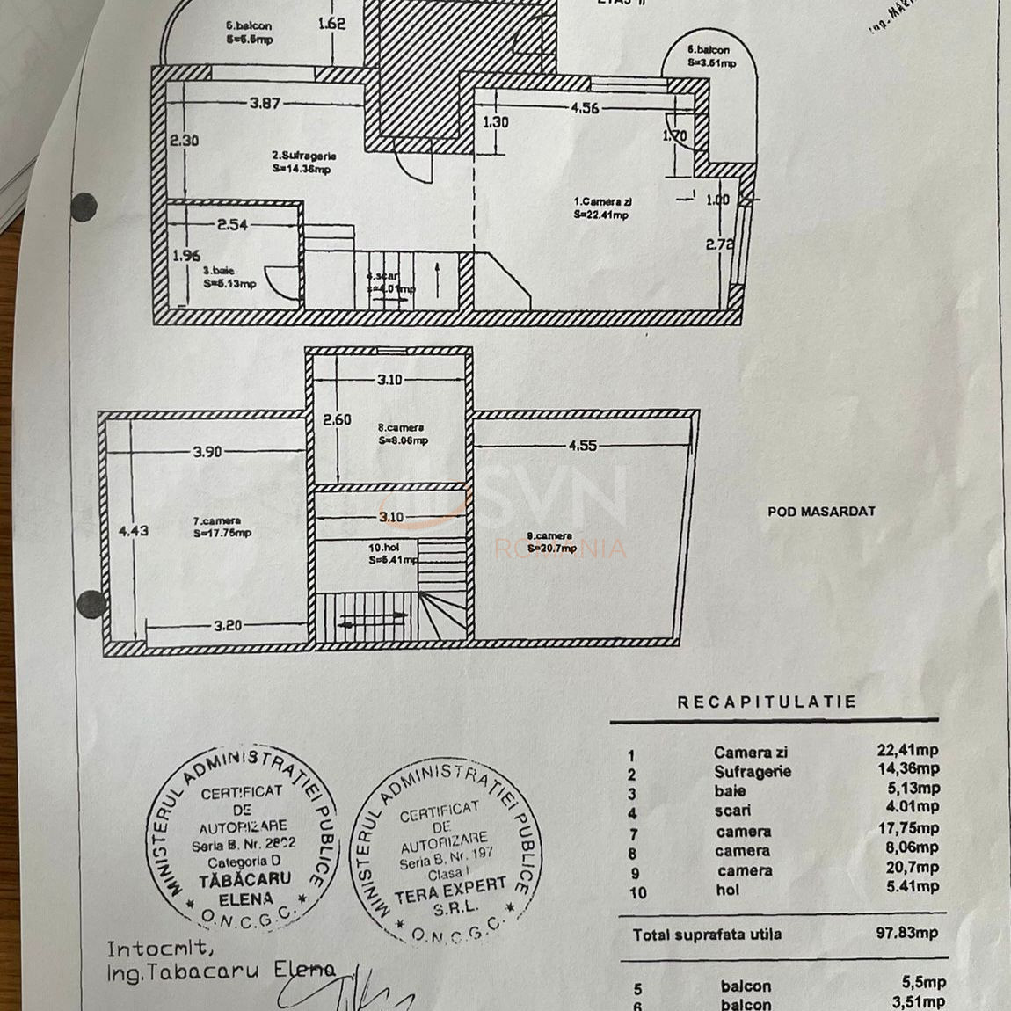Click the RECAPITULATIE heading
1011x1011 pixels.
point(766,702)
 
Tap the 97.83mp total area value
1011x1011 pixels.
point(906,933)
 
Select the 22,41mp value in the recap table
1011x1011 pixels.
point(907,750)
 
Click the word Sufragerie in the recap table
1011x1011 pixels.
point(752,772)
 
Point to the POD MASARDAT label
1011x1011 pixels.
point(821,511)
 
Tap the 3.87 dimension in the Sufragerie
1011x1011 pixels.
point(265,103)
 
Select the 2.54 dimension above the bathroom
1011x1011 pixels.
point(232,225)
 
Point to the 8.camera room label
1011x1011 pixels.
point(401,428)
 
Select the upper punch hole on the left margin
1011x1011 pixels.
point(84,207)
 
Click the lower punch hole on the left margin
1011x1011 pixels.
point(91,604)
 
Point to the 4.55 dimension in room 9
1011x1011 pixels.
point(582,446)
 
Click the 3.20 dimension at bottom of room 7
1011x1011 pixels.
point(228,626)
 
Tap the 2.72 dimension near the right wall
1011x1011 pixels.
point(718,245)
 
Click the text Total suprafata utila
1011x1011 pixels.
point(707,935)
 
